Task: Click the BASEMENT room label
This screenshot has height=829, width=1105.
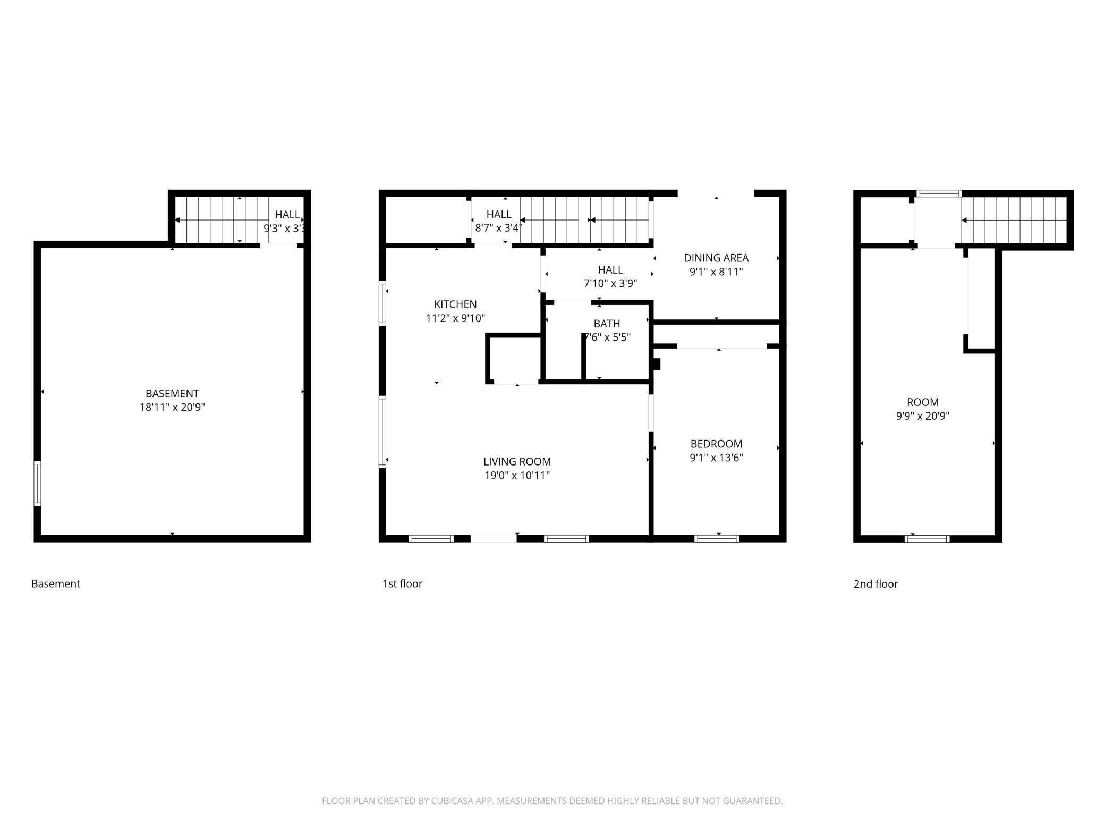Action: pyautogui.click(x=172, y=394)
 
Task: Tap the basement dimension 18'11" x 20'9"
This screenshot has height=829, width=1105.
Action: pyautogui.click(x=172, y=408)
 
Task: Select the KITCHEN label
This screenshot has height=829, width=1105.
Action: pyautogui.click(x=455, y=304)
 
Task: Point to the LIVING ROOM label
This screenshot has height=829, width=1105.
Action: pyautogui.click(x=517, y=462)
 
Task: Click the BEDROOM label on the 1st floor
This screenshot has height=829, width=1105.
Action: pyautogui.click(x=716, y=444)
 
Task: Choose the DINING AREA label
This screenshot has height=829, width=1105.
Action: pyautogui.click(x=716, y=258)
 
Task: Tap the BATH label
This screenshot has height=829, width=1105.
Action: pyautogui.click(x=607, y=324)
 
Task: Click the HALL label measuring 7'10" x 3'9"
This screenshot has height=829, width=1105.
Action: pyautogui.click(x=610, y=269)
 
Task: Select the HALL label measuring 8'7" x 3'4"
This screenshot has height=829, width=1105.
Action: pyautogui.click(x=499, y=214)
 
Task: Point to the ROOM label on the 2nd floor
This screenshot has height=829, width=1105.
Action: pyautogui.click(x=923, y=402)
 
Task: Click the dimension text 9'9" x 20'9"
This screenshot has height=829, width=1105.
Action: pyautogui.click(x=923, y=416)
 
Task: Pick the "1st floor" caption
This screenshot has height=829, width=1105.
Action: pyautogui.click(x=402, y=583)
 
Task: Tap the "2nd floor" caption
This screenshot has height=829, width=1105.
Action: pyautogui.click(x=875, y=584)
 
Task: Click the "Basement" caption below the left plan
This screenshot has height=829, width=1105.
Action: pyautogui.click(x=56, y=583)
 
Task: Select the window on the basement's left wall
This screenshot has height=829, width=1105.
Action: pyautogui.click(x=37, y=484)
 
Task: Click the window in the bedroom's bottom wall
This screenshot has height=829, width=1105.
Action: pyautogui.click(x=717, y=539)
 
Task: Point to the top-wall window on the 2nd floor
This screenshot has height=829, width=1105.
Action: pyautogui.click(x=939, y=194)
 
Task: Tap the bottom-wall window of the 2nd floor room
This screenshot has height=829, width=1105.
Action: pyautogui.click(x=927, y=539)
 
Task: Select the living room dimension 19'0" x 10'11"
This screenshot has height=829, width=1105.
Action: pyautogui.click(x=517, y=476)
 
